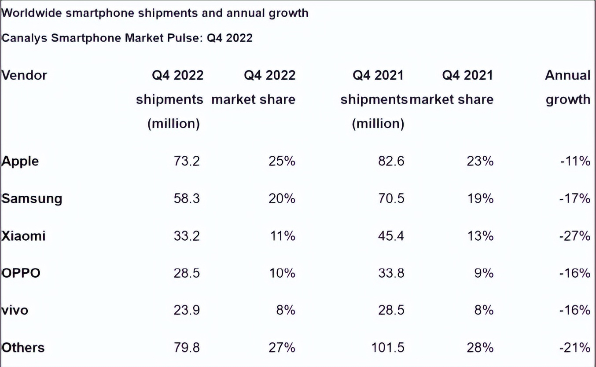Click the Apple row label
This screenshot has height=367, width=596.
click(20, 161)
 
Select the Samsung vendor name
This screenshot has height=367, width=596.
click(32, 198)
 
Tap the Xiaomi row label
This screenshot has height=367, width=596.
click(23, 236)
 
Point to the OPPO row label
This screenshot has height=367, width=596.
click(21, 273)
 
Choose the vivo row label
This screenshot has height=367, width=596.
click(15, 310)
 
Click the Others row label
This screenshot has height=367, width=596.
click(23, 348)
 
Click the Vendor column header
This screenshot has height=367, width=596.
click(24, 75)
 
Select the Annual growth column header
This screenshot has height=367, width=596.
click(568, 87)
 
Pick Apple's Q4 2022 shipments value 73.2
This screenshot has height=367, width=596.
click(187, 161)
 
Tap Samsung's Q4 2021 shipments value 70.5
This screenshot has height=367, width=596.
click(391, 198)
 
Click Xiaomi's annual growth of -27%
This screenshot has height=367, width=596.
click(575, 236)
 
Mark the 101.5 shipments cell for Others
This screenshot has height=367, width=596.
click(388, 348)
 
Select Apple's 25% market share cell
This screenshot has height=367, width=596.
click(282, 161)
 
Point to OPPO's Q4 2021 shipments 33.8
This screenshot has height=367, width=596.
click(391, 273)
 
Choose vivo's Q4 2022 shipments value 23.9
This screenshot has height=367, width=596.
click(187, 310)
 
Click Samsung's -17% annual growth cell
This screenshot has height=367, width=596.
click(575, 198)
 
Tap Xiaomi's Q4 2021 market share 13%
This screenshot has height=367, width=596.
click(480, 236)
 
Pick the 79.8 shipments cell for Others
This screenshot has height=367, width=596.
click(187, 348)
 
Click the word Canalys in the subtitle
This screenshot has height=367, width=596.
click(25, 38)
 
